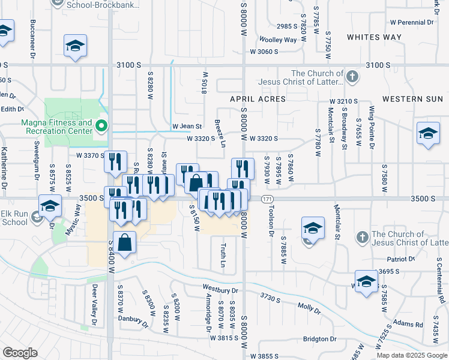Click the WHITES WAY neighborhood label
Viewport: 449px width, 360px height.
tap(374, 37)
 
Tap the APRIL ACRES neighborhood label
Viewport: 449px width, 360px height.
tap(258, 98)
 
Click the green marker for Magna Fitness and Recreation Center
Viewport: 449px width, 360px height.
tap(101, 126)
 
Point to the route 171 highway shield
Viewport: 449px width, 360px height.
tap(267, 198)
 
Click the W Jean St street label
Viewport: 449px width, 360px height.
tap(187, 126)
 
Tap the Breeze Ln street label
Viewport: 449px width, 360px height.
tap(220, 134)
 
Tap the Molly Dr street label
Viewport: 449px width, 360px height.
tap(309, 307)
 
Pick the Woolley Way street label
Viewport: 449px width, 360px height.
tap(282, 40)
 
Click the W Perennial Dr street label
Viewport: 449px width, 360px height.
tap(411, 22)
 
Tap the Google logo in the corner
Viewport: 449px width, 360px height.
tap(19, 352)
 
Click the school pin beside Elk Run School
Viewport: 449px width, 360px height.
tap(50, 207)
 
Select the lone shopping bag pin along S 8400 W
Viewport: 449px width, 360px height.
tap(124, 244)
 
